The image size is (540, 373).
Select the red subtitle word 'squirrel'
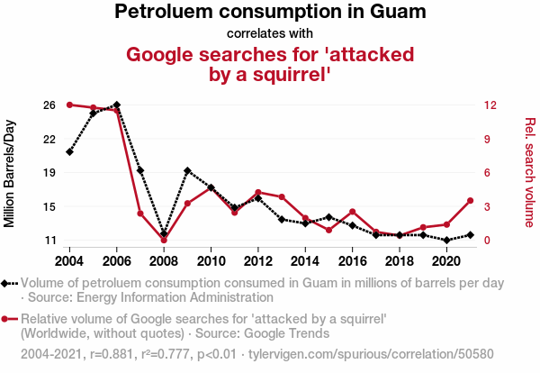[290, 76]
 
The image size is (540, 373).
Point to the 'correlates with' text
[270, 34]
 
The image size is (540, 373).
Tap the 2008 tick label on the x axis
[164, 261]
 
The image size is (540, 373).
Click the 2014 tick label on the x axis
[305, 261]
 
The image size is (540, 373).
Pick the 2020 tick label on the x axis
[446, 261]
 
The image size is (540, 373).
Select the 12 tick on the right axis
[489, 105]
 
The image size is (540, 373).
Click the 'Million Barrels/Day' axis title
[12, 173]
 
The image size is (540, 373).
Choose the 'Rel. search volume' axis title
[529, 173]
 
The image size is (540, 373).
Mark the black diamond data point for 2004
[69, 151]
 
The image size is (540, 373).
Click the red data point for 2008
[164, 241]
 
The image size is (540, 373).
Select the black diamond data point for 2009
[187, 170]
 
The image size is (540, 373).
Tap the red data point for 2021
[470, 200]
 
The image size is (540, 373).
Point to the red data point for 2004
[69, 105]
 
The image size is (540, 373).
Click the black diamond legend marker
[8, 283]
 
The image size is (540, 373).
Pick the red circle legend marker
[8, 319]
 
